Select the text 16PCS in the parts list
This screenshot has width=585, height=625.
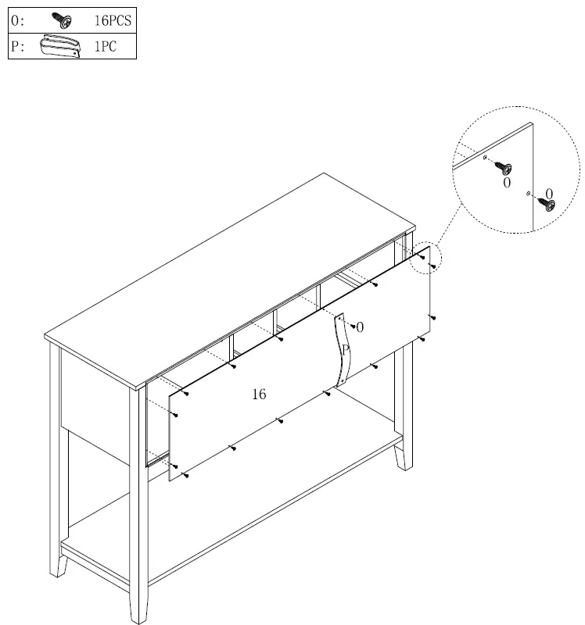tap(113, 21)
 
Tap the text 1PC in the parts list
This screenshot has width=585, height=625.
tap(106, 47)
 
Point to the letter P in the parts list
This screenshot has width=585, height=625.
tap(15, 47)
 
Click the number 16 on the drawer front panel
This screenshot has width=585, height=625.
tap(258, 395)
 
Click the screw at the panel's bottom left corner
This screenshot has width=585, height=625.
tap(186, 475)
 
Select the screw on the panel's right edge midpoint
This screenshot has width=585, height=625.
tap(432, 318)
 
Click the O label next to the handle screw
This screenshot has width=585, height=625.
tap(360, 328)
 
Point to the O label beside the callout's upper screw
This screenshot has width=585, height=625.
tap(507, 183)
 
